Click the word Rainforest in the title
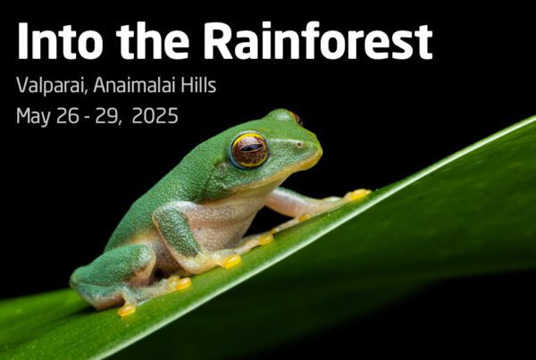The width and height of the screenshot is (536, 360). pyautogui.click(x=319, y=40)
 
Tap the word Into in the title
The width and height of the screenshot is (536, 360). pyautogui.click(x=61, y=41)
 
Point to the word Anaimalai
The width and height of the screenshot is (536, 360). pyautogui.click(x=134, y=85)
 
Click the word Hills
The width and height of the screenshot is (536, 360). pyautogui.click(x=198, y=85)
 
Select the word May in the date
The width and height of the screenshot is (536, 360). pyautogui.click(x=33, y=116)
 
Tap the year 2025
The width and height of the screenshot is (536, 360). pyautogui.click(x=155, y=115)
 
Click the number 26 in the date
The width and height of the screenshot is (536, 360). pyautogui.click(x=68, y=115)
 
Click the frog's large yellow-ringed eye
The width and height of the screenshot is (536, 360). pyautogui.click(x=249, y=150)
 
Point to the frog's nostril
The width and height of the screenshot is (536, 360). pyautogui.click(x=299, y=145)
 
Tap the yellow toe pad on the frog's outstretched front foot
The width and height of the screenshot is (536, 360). pyautogui.click(x=357, y=195)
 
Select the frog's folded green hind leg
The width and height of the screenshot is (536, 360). pyautogui.click(x=113, y=267)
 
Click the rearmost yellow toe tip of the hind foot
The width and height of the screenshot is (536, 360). pyautogui.click(x=127, y=310)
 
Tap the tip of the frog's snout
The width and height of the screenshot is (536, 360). pyautogui.click(x=320, y=147)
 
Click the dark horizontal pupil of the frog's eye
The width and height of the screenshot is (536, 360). pyautogui.click(x=251, y=147)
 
